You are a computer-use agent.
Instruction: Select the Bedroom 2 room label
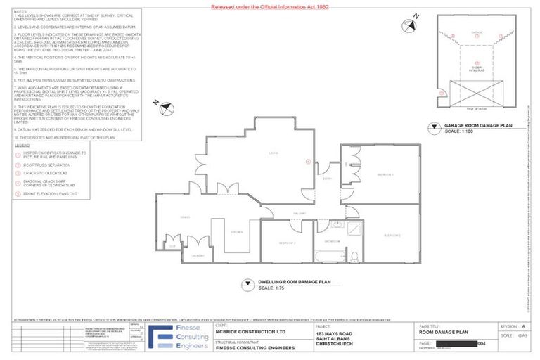pyautogui.click(x=392, y=235)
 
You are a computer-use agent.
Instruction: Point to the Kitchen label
pyautogui.click(x=237, y=231)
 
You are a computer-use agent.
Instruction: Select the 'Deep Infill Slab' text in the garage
pyautogui.click(x=475, y=70)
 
